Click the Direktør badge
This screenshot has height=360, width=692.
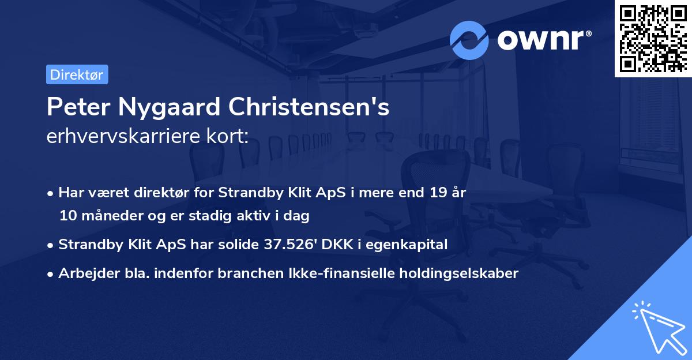coord(77,74)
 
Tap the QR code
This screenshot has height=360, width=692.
coord(653,38)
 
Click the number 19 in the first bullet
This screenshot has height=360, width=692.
coord(434,193)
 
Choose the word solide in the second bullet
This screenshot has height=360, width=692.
coord(238,245)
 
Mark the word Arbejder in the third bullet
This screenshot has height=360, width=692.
coord(83,273)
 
